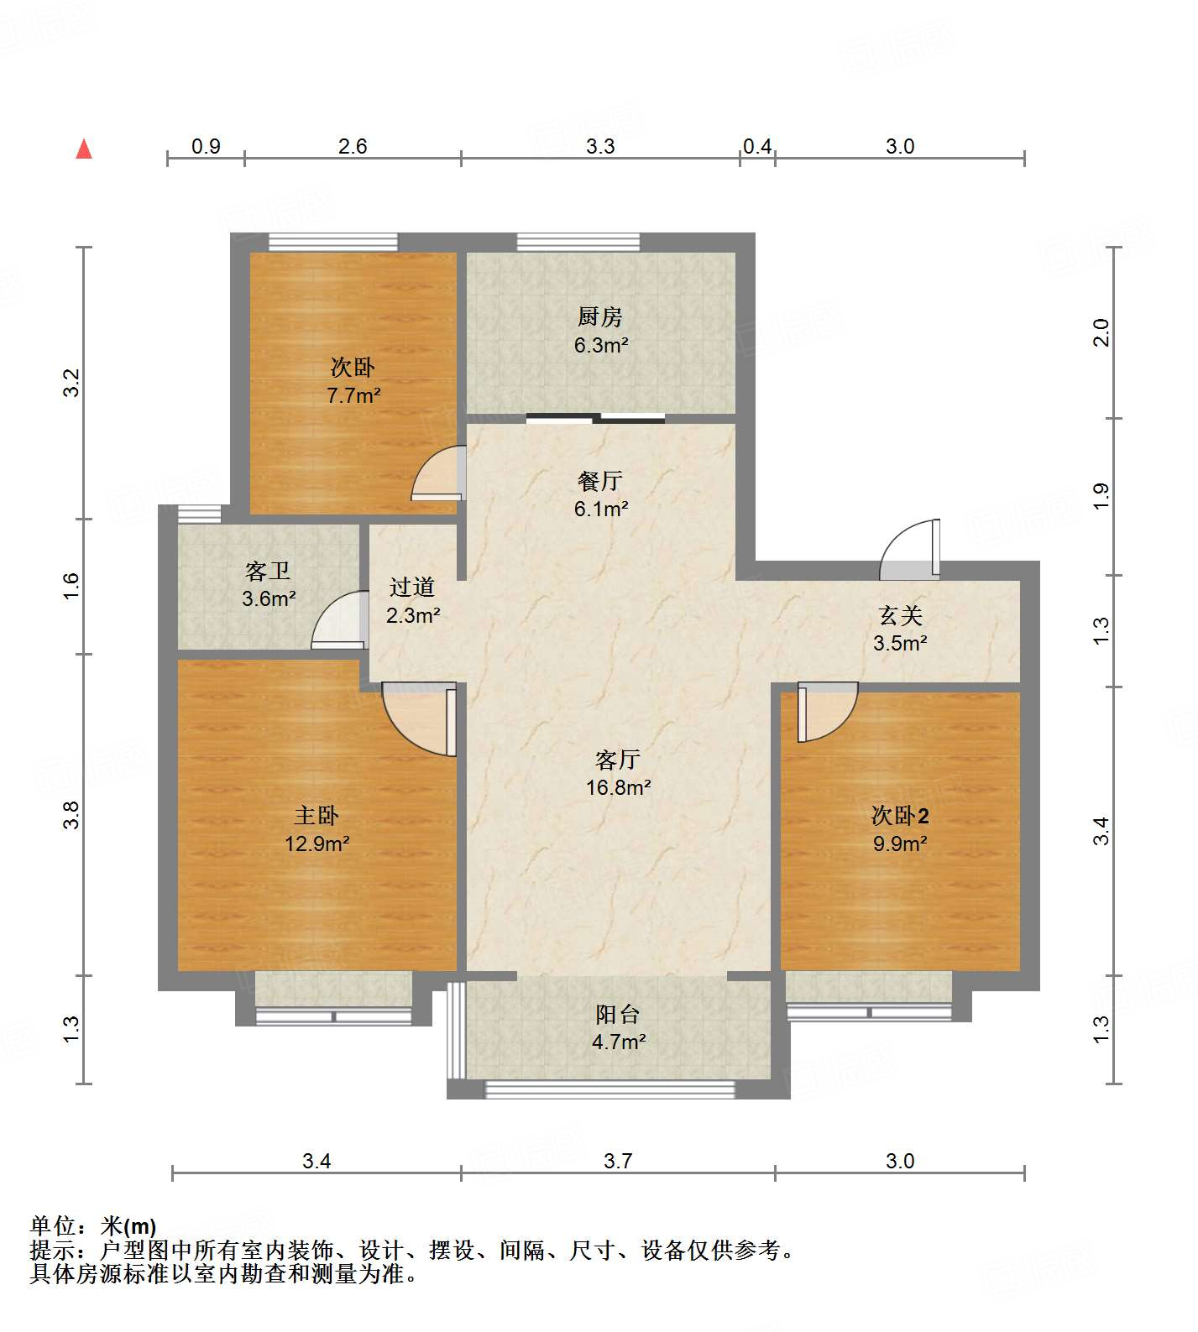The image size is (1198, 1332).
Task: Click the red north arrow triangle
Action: pos(84,149)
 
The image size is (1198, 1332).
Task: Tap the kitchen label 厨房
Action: pos(599,317)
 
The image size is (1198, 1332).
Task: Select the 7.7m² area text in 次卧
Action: pos(353,395)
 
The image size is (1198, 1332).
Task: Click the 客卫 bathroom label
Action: pos(268,572)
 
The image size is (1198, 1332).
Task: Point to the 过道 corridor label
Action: pos(411,587)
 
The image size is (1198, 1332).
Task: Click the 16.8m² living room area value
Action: pos(619,787)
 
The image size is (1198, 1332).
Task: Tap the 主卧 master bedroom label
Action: pos(317,815)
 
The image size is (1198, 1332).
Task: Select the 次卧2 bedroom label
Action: pos(900,815)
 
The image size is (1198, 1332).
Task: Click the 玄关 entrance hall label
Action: pos(900,616)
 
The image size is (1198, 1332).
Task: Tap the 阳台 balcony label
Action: pos(618,1015)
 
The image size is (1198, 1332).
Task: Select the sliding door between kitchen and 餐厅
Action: pos(596,418)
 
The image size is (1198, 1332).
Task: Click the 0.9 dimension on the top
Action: pos(206,147)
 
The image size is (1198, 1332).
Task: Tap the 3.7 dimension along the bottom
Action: pos(618,1162)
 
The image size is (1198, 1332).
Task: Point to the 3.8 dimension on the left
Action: pos(72,815)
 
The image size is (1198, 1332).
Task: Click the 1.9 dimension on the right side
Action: pos(1101,496)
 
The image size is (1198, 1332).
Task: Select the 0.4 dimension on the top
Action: pos(757,147)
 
